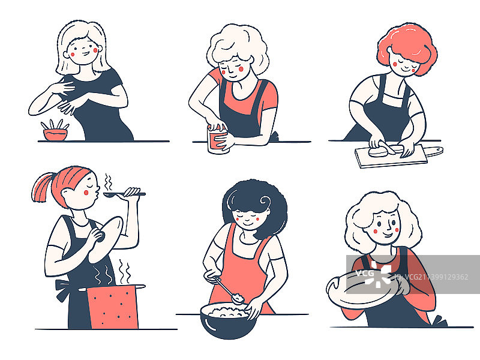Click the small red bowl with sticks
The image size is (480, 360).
coord(55,134)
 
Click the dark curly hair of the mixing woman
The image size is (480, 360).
coord(258,198)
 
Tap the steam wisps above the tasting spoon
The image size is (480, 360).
coord(108,180)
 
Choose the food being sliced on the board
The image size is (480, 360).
coord(382,151)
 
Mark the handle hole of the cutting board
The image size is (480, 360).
coord(437,149)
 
